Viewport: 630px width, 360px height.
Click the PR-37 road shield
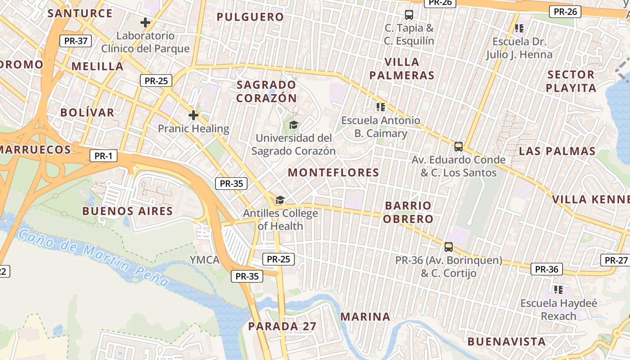(76, 41)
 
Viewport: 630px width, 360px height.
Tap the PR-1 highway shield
(103, 156)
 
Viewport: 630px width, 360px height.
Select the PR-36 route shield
(547, 270)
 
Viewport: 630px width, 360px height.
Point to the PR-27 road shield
(616, 260)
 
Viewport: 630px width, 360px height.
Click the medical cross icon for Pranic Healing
(193, 115)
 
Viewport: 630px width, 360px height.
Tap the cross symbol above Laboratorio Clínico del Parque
(145, 22)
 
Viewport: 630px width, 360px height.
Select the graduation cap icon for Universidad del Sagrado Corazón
(293, 125)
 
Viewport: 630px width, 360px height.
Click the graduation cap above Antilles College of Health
(280, 200)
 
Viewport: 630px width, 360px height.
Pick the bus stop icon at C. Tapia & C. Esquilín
(409, 14)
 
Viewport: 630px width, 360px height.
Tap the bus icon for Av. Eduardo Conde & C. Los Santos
(458, 146)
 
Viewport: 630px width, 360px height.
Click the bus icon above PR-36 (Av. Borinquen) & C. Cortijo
(448, 247)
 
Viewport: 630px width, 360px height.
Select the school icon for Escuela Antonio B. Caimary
(381, 107)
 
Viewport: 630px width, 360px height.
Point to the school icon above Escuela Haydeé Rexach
(558, 290)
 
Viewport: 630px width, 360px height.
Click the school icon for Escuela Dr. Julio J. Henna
(519, 28)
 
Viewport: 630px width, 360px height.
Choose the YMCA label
(204, 260)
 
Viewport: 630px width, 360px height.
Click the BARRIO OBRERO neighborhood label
(409, 212)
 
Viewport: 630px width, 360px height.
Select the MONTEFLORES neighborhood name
(333, 172)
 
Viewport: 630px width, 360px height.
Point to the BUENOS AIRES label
(128, 211)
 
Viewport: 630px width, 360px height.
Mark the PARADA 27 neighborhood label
(282, 326)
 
